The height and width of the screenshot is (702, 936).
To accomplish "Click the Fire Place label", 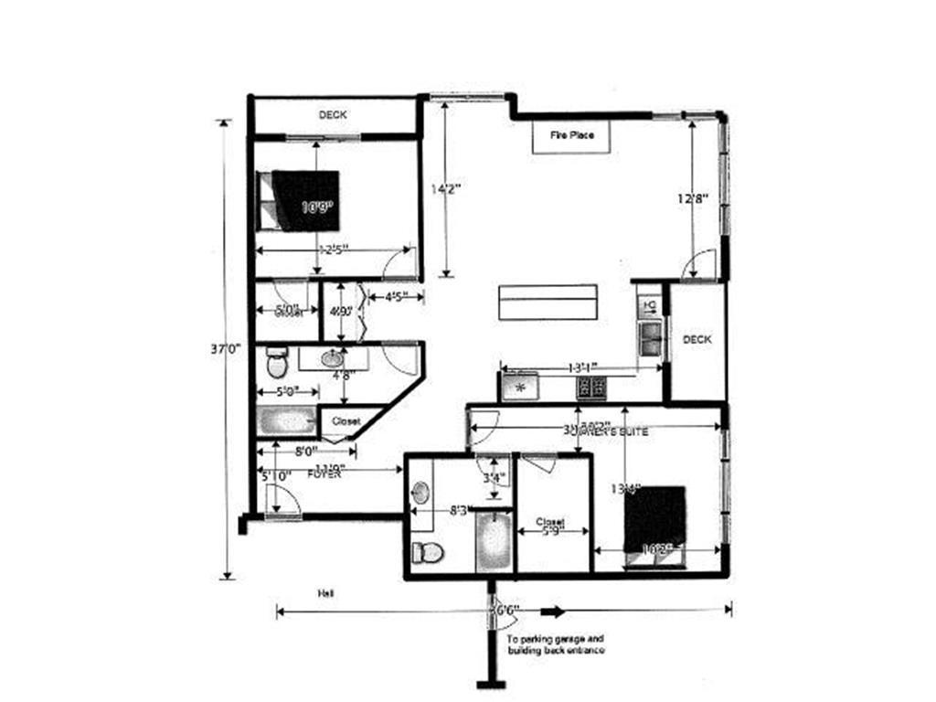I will tap(571, 135).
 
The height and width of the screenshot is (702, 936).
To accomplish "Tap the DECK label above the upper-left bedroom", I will tap(333, 115).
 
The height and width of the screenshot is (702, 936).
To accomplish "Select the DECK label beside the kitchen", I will tap(697, 339).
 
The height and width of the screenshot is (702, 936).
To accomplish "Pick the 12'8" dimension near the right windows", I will tap(692, 198).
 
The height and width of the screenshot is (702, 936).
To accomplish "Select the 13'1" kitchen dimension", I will tap(582, 367).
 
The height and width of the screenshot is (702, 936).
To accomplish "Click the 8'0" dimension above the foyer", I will tap(305, 451).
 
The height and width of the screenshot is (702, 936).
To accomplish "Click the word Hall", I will tap(324, 594).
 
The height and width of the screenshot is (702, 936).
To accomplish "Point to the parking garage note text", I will tap(555, 644).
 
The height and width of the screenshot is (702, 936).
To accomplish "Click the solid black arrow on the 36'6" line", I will tap(551, 611).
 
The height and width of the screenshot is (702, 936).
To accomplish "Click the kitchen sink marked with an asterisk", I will tap(521, 388).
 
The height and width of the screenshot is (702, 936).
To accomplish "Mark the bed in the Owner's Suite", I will tap(654, 519).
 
